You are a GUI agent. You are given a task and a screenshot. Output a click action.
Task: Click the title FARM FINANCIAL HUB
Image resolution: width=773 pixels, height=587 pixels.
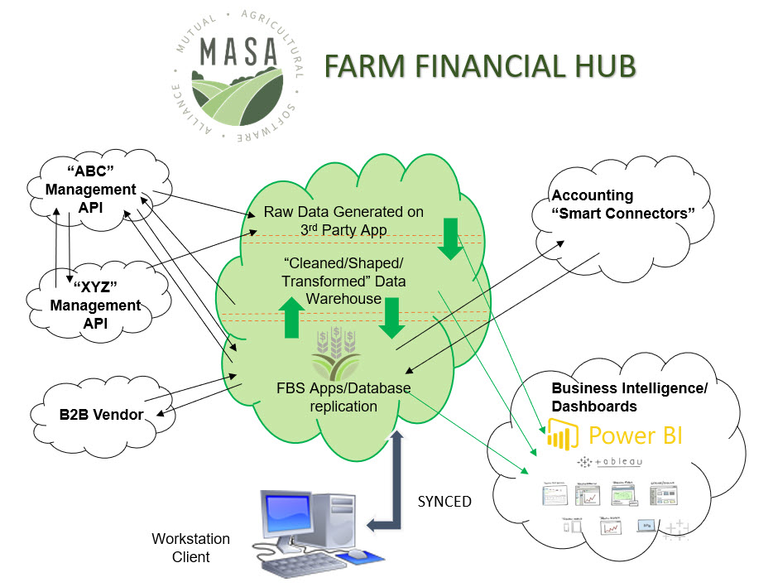479,66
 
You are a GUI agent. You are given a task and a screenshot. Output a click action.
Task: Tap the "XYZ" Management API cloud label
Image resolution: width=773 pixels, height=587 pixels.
96,306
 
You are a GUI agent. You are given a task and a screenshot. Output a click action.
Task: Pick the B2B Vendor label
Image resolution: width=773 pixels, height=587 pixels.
105,414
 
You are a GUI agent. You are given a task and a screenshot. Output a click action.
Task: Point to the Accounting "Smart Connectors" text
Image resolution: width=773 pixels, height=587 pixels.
622,204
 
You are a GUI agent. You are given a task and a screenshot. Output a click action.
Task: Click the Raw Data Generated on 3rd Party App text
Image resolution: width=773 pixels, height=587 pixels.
343,219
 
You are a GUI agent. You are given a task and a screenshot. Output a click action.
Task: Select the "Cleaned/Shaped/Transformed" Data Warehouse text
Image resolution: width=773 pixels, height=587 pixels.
343,281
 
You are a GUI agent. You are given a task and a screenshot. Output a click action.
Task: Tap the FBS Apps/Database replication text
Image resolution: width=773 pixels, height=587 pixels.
343,397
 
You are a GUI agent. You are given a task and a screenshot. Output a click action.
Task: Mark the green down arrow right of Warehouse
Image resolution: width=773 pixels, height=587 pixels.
392,319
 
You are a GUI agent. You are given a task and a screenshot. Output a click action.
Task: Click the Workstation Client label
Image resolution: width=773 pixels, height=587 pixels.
190,547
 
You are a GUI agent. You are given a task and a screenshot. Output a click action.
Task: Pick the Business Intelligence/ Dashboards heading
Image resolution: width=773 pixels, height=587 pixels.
629,397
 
